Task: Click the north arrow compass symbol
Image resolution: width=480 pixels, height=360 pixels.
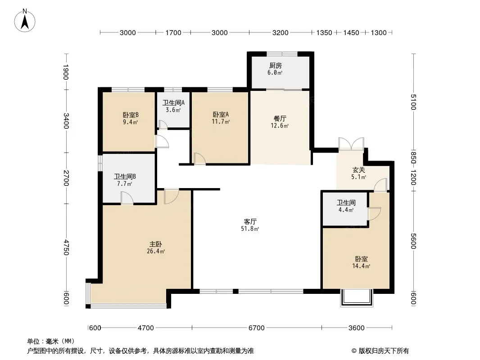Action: point(25,21)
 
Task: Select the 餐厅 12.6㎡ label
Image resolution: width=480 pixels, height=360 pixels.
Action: point(280,122)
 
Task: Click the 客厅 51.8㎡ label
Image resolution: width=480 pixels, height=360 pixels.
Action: point(250,225)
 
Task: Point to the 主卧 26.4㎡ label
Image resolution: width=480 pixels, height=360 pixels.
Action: point(156,248)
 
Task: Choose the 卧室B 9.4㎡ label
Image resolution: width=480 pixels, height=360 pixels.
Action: point(131,118)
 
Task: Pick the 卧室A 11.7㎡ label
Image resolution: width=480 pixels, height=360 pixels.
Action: point(221,118)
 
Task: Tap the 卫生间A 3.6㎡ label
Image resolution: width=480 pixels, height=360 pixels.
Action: point(173,106)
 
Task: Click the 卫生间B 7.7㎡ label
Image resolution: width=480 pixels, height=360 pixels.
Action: point(125,180)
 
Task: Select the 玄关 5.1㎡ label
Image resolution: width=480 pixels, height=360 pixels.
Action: point(358,173)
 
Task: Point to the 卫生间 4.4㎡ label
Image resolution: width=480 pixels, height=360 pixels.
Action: point(346,206)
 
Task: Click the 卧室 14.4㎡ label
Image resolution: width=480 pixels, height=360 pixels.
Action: point(361,262)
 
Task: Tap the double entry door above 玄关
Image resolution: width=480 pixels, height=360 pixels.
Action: point(351,144)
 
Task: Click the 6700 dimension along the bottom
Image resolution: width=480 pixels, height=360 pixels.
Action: point(257,328)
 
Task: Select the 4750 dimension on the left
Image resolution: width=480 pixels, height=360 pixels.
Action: point(66,247)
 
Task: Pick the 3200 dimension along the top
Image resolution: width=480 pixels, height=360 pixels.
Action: point(281,32)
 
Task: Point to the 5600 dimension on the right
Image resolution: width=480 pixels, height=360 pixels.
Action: point(413,241)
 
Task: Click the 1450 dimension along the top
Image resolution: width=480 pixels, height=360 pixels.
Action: point(351,32)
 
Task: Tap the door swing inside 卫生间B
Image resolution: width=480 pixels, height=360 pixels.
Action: point(127,198)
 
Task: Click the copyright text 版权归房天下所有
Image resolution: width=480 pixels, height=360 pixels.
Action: point(384,351)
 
